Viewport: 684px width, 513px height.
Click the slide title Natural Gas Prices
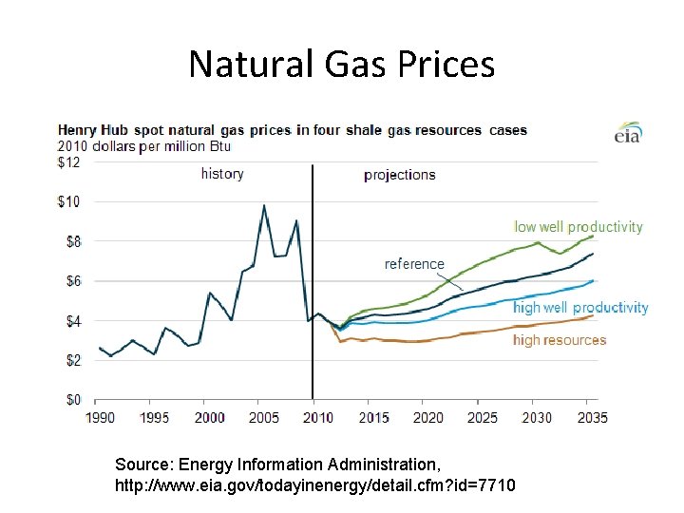coord(341,64)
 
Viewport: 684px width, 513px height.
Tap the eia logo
coord(629,132)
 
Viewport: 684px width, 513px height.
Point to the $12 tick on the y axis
coord(69,162)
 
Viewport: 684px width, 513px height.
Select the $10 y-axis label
coord(69,201)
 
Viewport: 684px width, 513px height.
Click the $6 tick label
coord(72,281)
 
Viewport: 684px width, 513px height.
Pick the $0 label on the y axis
coord(72,399)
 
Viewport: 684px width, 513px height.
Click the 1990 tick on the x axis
coord(100,417)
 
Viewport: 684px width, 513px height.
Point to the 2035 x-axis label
coord(591,417)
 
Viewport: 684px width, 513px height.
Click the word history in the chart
coord(222,174)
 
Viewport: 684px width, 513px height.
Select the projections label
coord(400,175)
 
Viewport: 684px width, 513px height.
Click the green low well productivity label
coord(578,227)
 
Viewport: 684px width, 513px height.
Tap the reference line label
coord(414,264)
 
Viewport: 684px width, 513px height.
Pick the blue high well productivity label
coord(580,308)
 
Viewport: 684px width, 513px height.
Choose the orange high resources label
coord(559,340)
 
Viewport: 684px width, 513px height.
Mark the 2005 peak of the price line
coord(264,205)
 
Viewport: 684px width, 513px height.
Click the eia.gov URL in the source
coord(314,486)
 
